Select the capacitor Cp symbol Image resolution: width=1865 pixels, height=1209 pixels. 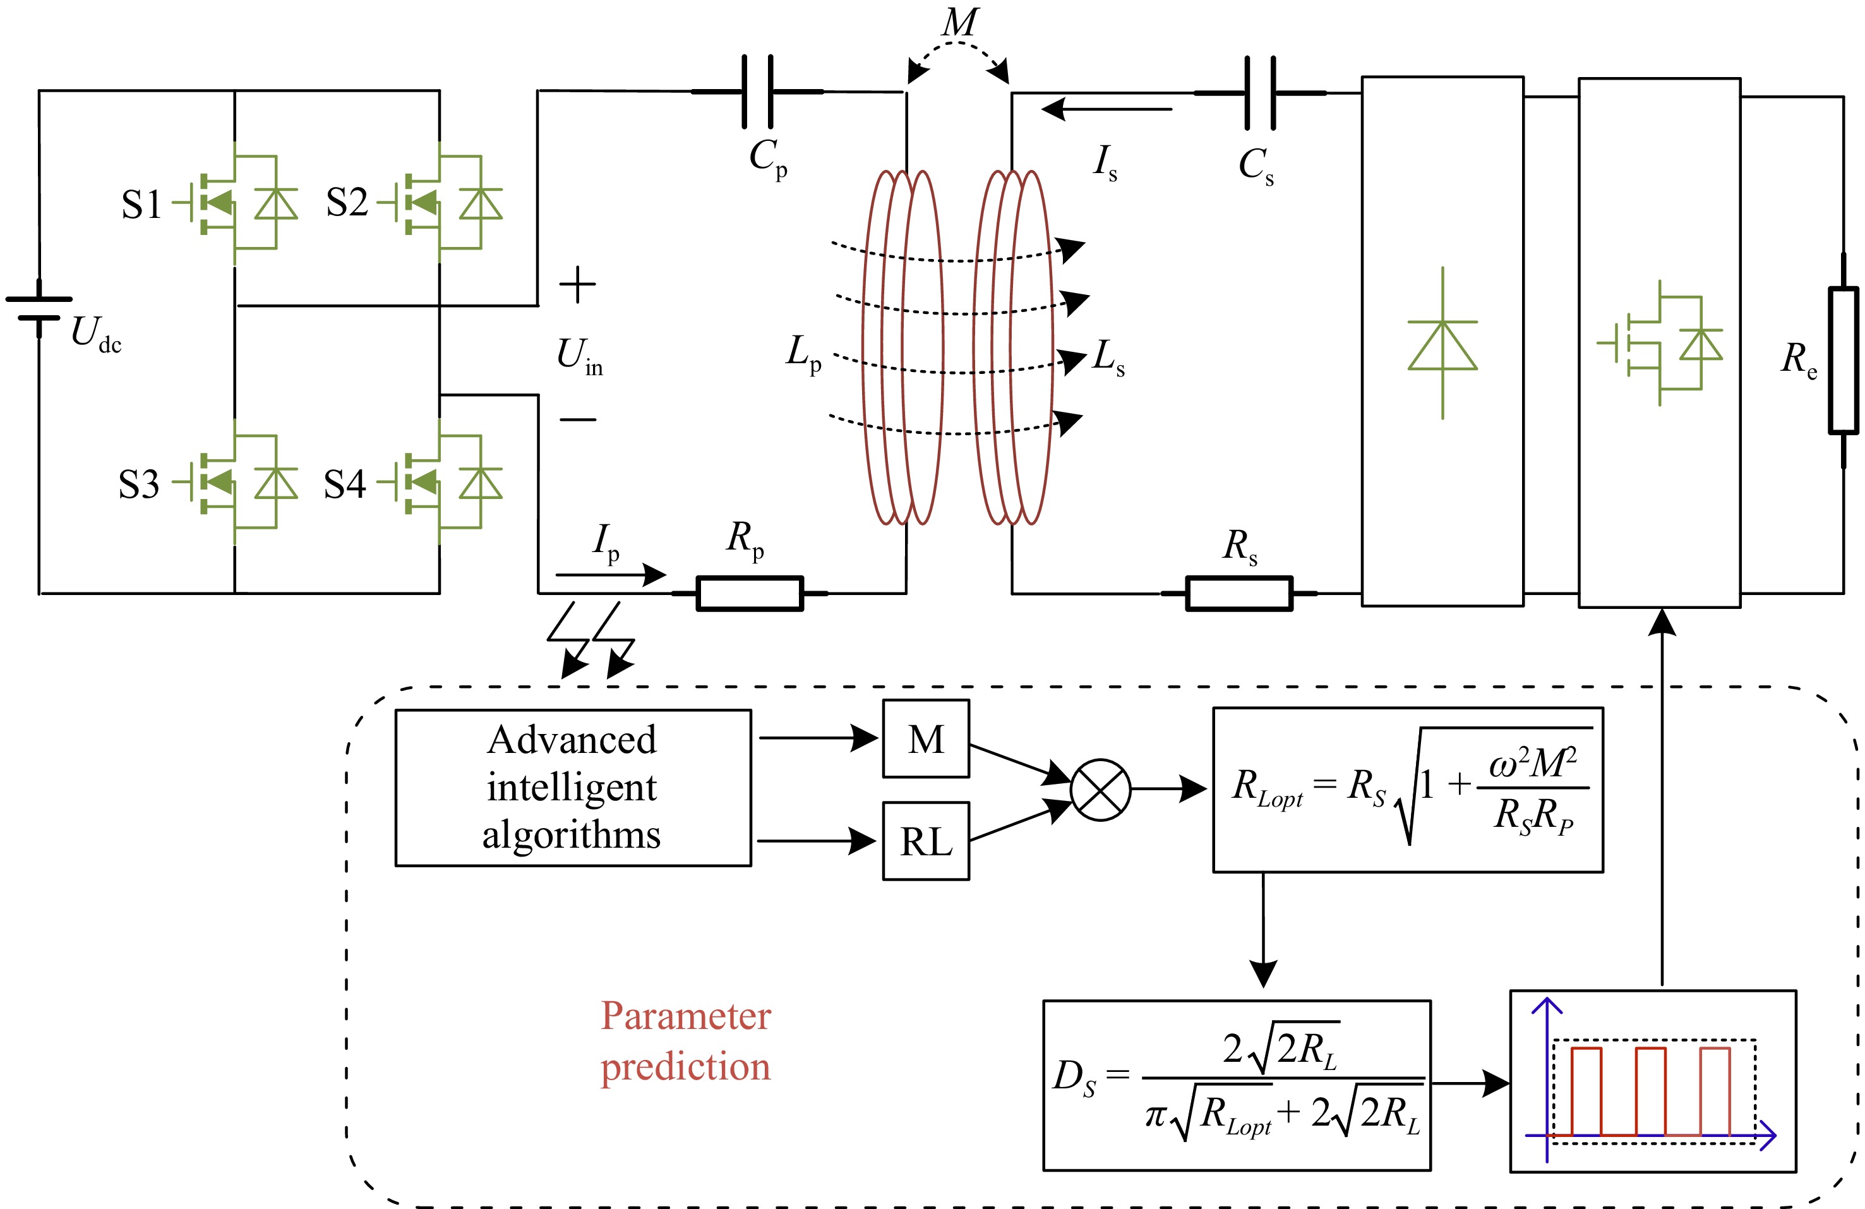pyautogui.click(x=758, y=92)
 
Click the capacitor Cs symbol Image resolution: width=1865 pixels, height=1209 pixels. pyautogui.click(x=1260, y=92)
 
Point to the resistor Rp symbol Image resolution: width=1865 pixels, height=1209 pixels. pyautogui.click(x=750, y=593)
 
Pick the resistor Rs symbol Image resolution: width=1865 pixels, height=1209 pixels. pyautogui.click(x=1239, y=593)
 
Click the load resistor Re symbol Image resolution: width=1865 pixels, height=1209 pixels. pyautogui.click(x=1843, y=361)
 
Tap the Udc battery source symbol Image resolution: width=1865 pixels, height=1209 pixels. pyautogui.click(x=39, y=309)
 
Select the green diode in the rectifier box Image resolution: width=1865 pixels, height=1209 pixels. pyautogui.click(x=1442, y=345)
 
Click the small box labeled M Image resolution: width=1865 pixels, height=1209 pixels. pyautogui.click(x=927, y=739)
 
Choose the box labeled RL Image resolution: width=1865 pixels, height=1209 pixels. pyautogui.click(x=927, y=841)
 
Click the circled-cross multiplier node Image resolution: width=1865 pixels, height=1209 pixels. pyautogui.click(x=1100, y=790)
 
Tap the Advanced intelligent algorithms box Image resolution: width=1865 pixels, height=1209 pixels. pyautogui.click(x=573, y=788)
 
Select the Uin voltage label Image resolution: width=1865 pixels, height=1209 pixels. pyautogui.click(x=579, y=356)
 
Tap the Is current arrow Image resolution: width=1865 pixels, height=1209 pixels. pyautogui.click(x=1106, y=109)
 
